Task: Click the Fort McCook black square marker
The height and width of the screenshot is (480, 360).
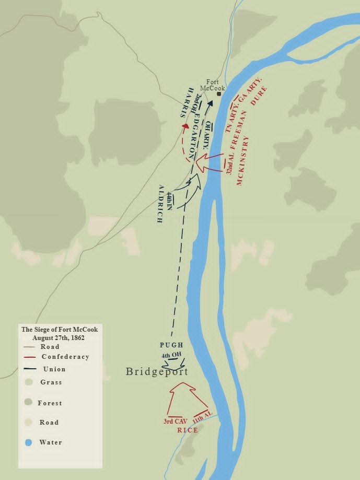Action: pos(219,94)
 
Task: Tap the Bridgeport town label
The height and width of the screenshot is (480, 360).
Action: pos(157,371)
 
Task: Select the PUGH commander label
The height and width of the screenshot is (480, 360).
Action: pos(171,345)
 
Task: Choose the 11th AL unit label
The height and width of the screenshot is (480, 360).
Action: pos(202,417)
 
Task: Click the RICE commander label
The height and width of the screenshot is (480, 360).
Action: pos(188,430)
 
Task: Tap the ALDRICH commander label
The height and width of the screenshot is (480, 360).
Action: pos(161,204)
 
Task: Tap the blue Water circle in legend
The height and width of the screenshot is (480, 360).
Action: pos(29,442)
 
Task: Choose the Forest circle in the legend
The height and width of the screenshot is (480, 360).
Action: pos(29,403)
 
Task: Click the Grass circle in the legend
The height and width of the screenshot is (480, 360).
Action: pos(29,382)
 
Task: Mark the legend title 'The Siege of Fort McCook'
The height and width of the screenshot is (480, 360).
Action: pos(59,330)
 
